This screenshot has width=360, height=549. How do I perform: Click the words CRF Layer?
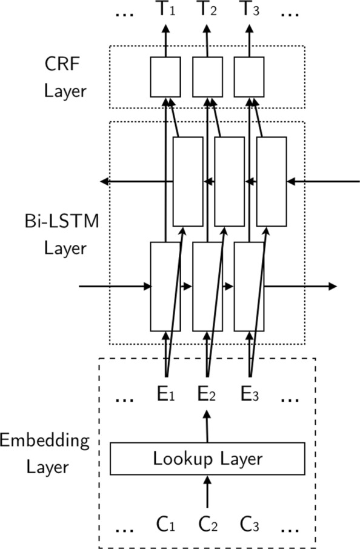pos(65,78)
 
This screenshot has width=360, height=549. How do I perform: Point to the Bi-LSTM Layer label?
pos(65,235)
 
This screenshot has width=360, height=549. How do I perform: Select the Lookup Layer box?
pos(207,459)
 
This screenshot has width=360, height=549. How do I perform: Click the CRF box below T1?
pos(165,76)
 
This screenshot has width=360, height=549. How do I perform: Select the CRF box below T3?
pos(249,76)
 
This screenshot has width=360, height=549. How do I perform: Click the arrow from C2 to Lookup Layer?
pos(207,491)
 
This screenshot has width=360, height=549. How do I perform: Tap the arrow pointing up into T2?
pos(207,40)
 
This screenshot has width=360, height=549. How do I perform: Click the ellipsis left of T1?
pos(124,13)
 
